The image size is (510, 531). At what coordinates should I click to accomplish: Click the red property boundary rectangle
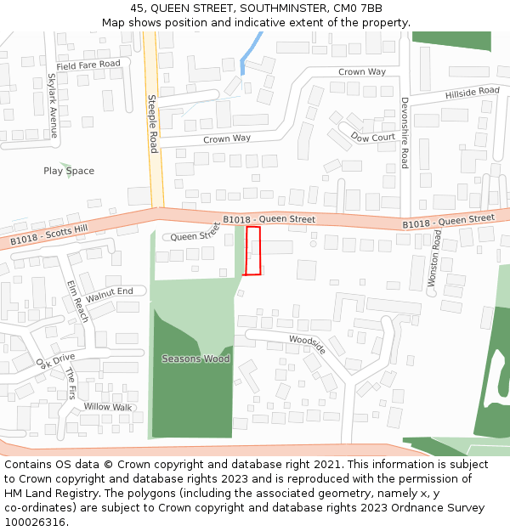[x=252, y=251]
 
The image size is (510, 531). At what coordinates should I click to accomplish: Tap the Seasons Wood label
[x=195, y=359]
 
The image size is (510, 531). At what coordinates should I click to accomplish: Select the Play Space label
[x=69, y=171]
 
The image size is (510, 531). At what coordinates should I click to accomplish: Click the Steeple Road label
[x=153, y=124]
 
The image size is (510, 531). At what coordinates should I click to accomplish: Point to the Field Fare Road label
[x=88, y=65]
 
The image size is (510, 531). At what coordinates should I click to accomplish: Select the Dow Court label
[x=372, y=137]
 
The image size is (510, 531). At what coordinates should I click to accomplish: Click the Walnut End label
[x=110, y=294]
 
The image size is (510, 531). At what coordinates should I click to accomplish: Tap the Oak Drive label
[x=55, y=361]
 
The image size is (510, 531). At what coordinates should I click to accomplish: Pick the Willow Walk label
[x=108, y=407]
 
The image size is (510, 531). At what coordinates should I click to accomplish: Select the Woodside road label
[x=307, y=344]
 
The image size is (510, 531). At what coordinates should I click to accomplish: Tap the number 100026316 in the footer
[x=35, y=522]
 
